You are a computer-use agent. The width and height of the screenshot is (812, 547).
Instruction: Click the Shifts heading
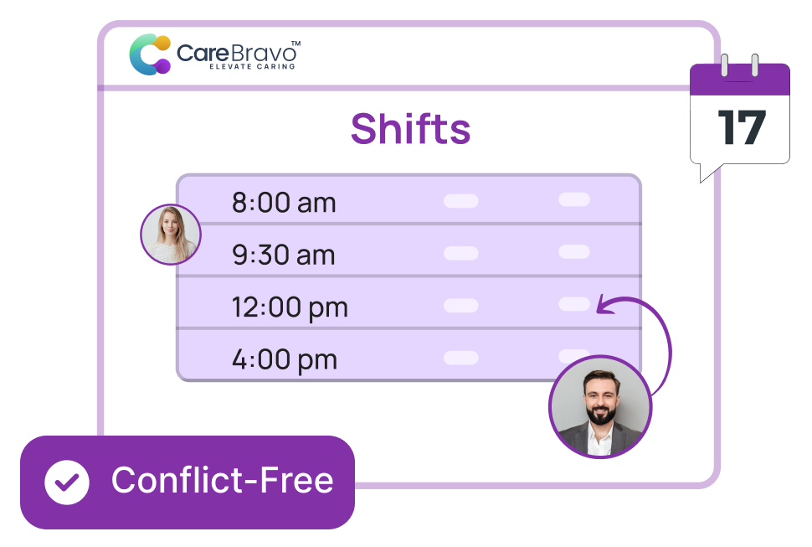410,129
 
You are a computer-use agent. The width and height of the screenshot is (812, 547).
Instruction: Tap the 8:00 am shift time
283,203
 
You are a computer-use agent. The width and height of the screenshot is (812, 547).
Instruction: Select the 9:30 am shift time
283,255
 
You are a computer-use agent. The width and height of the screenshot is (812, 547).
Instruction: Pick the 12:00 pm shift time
289,307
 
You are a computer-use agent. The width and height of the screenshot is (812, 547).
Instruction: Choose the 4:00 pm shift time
284,360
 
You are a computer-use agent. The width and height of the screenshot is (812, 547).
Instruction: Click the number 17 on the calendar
742,128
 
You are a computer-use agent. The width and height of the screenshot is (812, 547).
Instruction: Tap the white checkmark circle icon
67,482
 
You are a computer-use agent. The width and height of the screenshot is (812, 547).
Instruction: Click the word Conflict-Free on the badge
222,481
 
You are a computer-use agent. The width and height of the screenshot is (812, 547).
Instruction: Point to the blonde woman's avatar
171,234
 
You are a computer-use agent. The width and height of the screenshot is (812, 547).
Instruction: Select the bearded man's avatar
600,407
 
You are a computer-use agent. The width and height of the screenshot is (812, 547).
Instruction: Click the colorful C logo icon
150,54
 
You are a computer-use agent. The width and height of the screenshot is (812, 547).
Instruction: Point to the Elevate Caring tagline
252,66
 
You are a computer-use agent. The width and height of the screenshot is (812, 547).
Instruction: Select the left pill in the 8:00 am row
460,201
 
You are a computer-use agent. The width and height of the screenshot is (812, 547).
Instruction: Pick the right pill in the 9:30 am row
574,251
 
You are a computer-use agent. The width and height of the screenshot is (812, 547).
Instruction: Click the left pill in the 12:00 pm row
460,306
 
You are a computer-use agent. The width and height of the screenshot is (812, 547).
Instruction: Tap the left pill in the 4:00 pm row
460,358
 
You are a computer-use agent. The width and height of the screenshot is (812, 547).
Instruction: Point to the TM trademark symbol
296,42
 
